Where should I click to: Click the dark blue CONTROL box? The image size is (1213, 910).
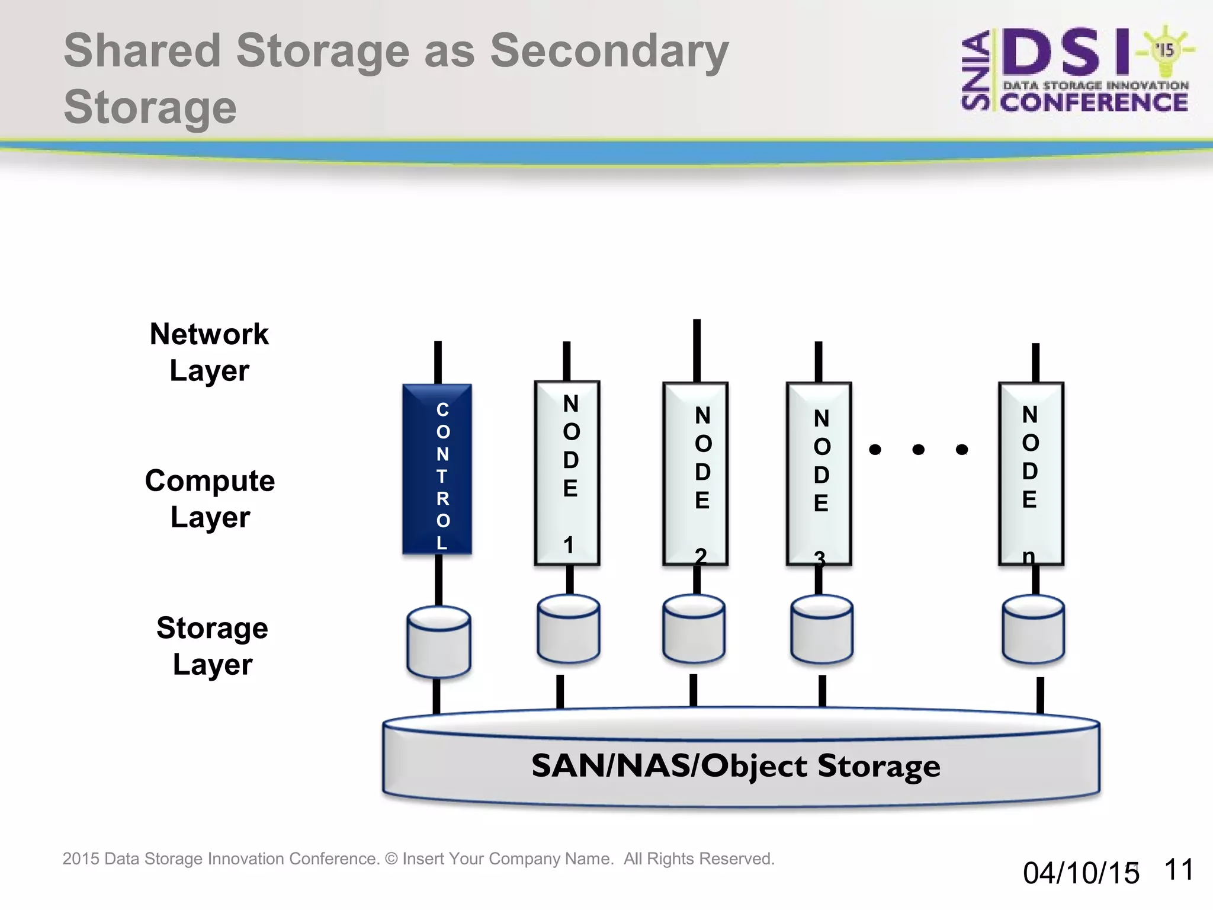(x=437, y=469)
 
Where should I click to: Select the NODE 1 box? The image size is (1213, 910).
(x=567, y=473)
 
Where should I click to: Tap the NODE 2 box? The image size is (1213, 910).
(x=695, y=474)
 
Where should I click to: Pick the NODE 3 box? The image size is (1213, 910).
(x=819, y=474)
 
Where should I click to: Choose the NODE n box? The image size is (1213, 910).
(x=1031, y=474)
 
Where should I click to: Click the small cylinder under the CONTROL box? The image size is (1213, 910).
(x=439, y=642)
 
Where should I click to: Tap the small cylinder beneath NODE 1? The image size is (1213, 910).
(x=569, y=629)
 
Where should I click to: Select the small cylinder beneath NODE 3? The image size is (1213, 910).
(x=821, y=629)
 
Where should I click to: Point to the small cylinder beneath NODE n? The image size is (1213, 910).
(x=1034, y=629)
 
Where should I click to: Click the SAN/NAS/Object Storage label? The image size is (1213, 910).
(x=736, y=765)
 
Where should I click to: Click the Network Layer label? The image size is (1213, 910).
(x=209, y=352)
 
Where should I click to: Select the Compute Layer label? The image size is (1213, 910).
(x=210, y=498)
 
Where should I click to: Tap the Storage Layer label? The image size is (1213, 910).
(x=212, y=645)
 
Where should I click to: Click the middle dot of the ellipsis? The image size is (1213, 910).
(x=919, y=450)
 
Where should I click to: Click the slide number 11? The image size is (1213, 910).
(x=1178, y=870)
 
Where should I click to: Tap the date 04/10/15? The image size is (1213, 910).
(x=1080, y=873)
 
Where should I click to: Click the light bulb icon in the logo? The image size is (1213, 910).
(x=1165, y=51)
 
